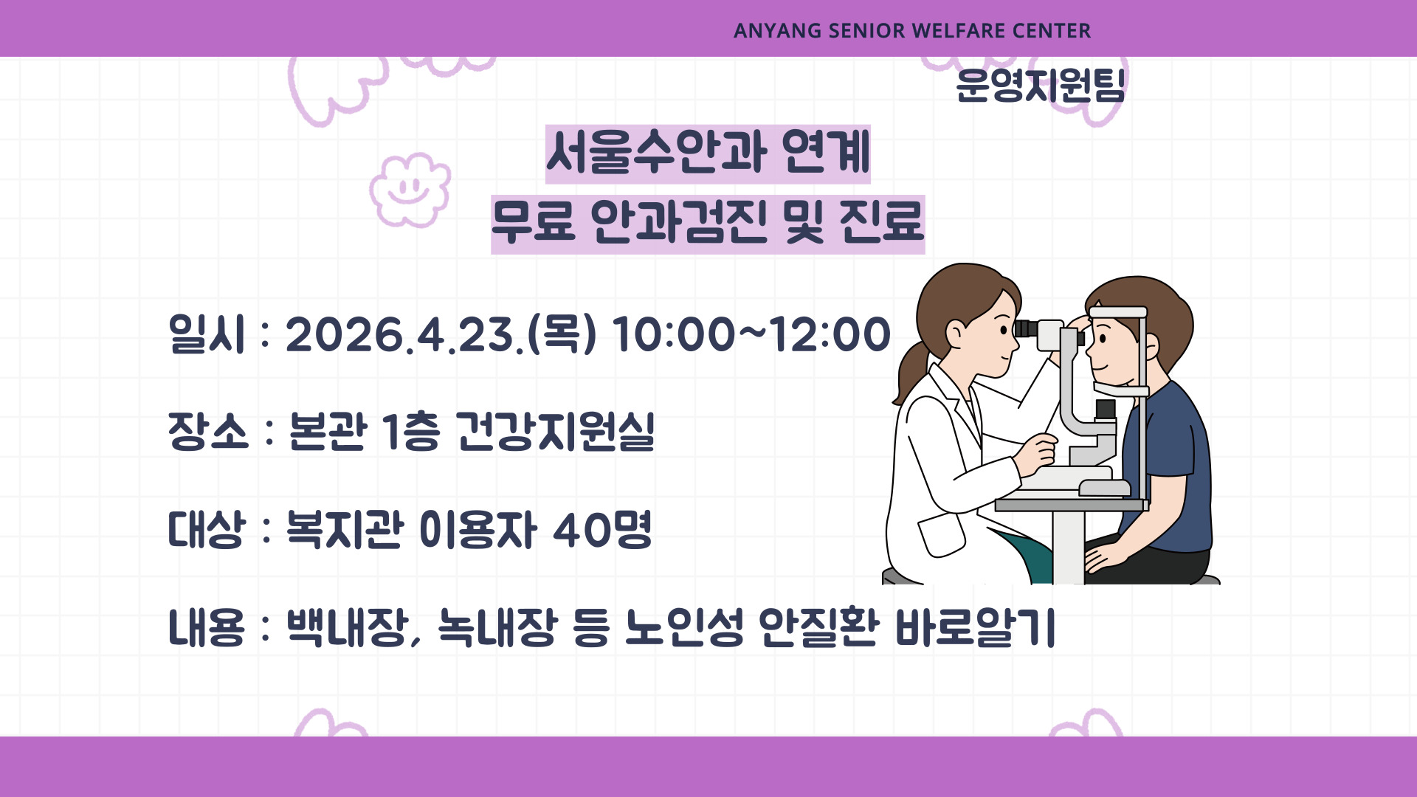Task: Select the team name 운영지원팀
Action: click(1040, 86)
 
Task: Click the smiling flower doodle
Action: click(410, 190)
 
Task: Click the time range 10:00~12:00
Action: click(751, 334)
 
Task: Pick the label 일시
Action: click(206, 334)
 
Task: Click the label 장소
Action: click(207, 431)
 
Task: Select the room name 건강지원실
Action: click(555, 431)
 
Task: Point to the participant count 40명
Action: click(602, 529)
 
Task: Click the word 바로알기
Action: click(975, 628)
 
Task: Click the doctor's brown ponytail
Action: click(911, 373)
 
